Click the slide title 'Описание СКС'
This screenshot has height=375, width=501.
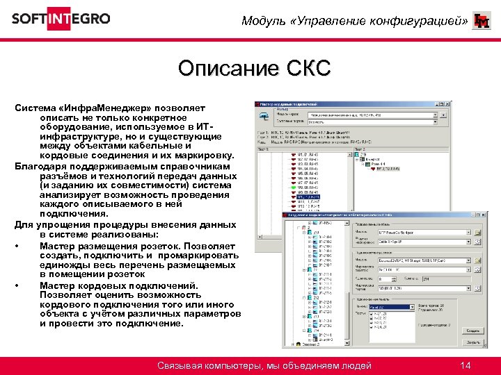click(253, 69)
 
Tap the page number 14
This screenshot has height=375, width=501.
click(466, 365)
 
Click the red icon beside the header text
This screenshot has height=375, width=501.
click(481, 21)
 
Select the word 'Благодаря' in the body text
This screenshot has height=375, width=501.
click(44, 157)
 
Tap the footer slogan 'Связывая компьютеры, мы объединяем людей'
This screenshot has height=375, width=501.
click(264, 365)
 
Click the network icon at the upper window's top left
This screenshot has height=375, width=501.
click(264, 116)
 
